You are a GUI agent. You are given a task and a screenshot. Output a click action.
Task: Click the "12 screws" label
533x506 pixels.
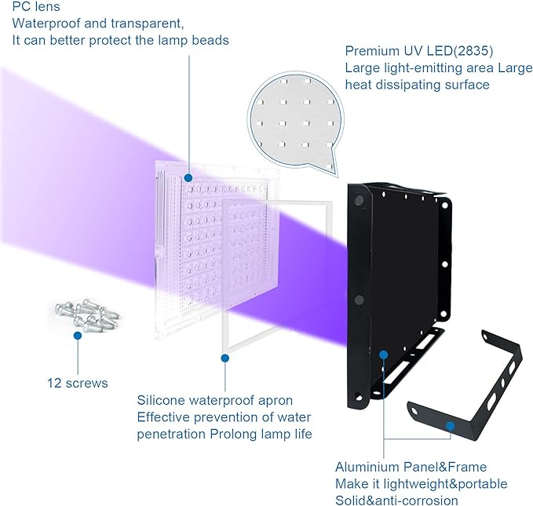77,383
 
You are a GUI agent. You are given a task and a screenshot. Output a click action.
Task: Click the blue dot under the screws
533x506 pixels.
78,336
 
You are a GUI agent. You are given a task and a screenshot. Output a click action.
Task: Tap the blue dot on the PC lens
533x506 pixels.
189,180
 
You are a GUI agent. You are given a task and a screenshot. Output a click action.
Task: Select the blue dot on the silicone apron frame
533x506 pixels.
225,359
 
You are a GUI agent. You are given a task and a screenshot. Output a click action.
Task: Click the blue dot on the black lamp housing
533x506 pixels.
383,355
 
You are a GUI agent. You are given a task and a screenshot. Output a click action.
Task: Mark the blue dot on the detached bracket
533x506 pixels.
450,427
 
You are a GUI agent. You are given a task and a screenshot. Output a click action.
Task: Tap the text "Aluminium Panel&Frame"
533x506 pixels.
411,467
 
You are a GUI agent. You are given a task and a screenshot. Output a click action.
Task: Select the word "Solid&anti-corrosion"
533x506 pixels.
396,501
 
